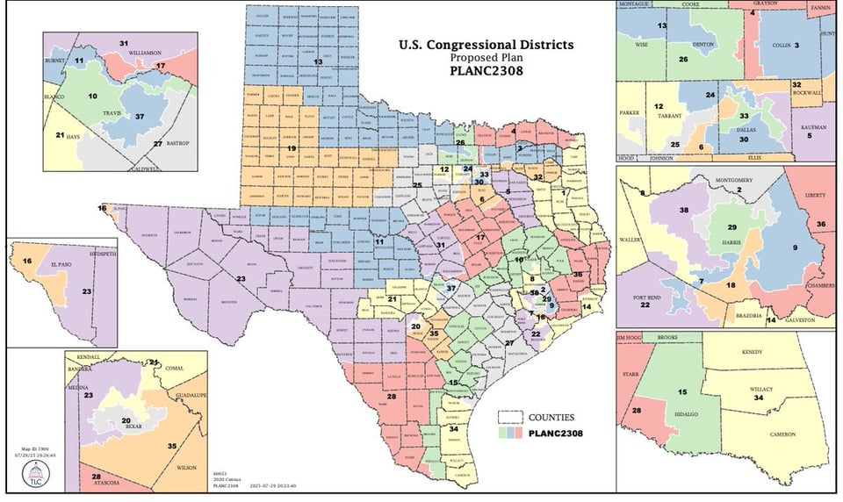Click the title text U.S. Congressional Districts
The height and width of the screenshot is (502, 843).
click(486, 44)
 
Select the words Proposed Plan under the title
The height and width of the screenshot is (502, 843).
click(486, 58)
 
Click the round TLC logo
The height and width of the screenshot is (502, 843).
click(36, 475)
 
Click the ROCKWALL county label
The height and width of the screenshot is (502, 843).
click(807, 92)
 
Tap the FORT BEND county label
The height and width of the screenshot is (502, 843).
click(653, 298)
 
